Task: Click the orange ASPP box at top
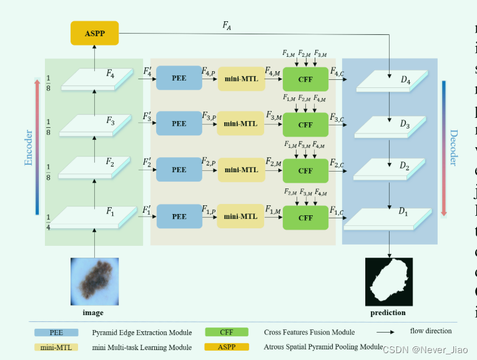(x=94, y=32)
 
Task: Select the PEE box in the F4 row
(x=179, y=79)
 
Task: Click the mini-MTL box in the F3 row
(x=241, y=124)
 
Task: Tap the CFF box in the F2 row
(x=305, y=170)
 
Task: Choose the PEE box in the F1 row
(x=179, y=216)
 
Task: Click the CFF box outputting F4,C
(x=305, y=79)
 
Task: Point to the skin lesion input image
(x=94, y=281)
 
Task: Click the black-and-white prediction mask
(x=388, y=281)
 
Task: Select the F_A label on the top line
(x=227, y=26)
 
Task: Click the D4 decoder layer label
(x=405, y=81)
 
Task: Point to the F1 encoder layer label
(x=110, y=213)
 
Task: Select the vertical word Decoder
(x=453, y=147)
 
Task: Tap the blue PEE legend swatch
(x=56, y=332)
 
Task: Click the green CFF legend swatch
(x=226, y=332)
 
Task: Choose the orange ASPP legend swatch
(x=227, y=346)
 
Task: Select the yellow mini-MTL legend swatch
(x=56, y=346)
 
